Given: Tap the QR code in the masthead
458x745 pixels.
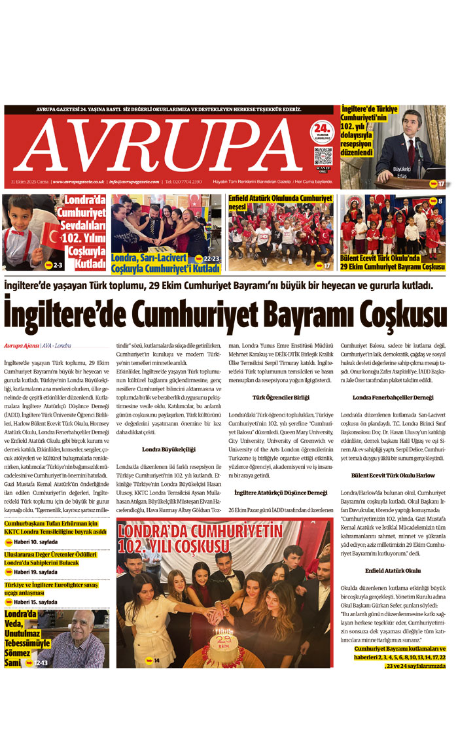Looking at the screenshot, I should click(x=323, y=156).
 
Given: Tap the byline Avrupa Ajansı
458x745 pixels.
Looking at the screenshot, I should click(x=20, y=345).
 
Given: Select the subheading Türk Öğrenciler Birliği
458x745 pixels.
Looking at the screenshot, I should click(x=281, y=397).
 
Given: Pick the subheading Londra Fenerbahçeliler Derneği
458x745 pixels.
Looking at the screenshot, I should click(x=393, y=397).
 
